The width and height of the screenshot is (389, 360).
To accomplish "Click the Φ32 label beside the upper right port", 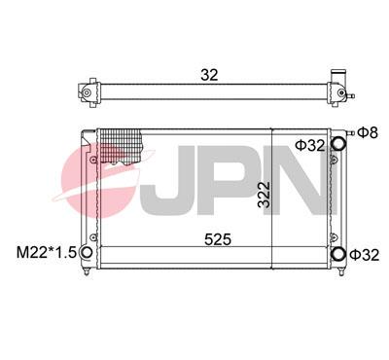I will [x=308, y=145].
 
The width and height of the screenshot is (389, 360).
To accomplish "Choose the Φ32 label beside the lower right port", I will [x=367, y=255].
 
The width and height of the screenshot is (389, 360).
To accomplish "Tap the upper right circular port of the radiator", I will [x=339, y=144].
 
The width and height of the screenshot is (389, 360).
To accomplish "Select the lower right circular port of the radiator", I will [x=339, y=255].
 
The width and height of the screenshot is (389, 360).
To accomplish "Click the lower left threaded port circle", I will [x=87, y=255].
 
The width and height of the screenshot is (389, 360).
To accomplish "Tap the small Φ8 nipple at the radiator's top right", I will [x=349, y=131].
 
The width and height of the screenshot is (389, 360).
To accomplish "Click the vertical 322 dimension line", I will [x=272, y=195].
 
